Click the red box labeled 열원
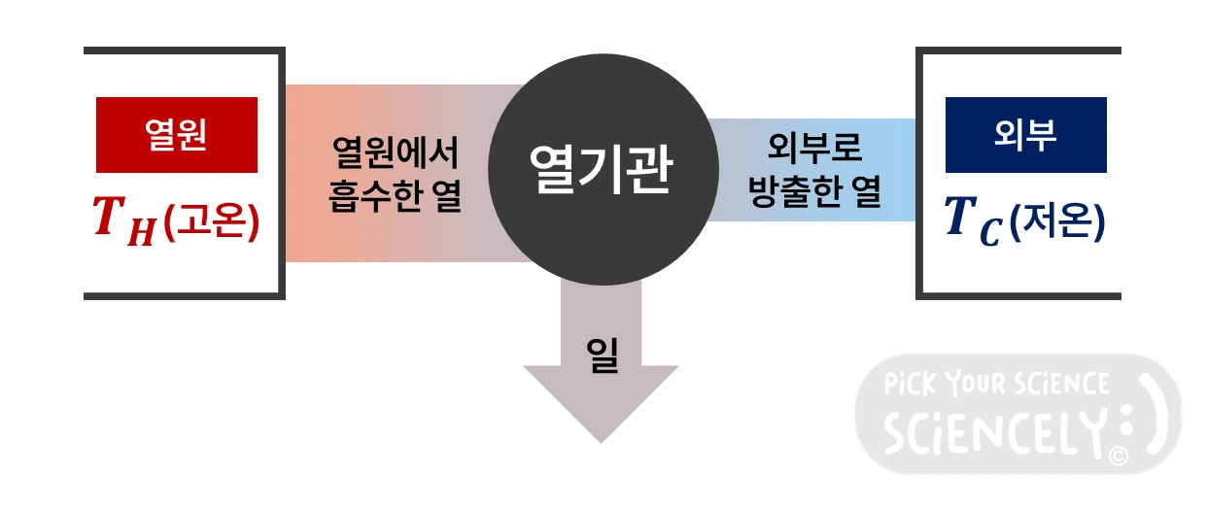176,134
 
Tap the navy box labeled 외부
1025,135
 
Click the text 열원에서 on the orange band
395,152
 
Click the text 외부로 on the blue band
814,151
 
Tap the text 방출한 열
814,194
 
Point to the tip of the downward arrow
601,439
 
